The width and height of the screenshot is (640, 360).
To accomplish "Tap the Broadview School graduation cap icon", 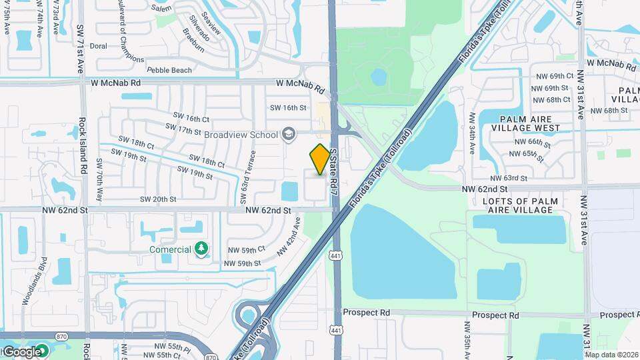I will click(288, 135).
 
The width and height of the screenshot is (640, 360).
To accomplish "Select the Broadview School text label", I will click(241, 135).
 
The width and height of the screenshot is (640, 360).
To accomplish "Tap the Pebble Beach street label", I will click(169, 70).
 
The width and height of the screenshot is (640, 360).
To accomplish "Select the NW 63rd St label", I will click(509, 179).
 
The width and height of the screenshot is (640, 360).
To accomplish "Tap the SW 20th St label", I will click(158, 199).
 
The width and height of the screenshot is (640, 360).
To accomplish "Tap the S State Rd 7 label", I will click(333, 169).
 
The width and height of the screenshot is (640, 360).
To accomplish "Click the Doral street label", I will click(98, 47).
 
